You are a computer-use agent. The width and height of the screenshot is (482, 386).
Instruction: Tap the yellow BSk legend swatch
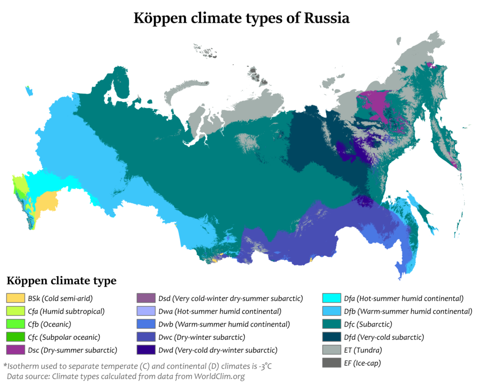tap(15, 298)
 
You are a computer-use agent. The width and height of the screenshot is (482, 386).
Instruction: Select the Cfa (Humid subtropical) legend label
tap(66, 311)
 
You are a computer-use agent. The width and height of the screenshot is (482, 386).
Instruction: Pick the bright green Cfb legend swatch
tap(15, 324)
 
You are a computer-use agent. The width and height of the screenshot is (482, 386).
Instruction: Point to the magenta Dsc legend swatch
tap(15, 350)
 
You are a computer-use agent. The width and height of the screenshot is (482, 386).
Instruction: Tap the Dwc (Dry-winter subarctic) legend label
tap(207, 337)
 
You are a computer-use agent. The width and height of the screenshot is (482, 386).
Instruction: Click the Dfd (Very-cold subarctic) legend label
tap(384, 337)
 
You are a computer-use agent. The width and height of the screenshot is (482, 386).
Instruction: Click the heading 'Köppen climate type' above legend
tap(61, 281)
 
